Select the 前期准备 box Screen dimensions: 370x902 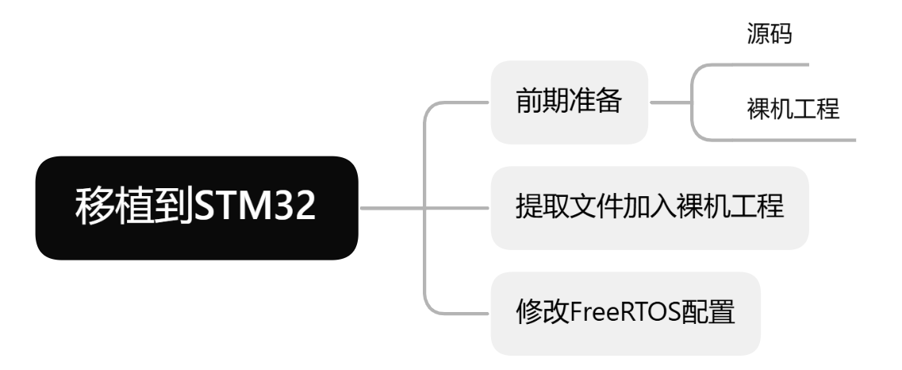click(569, 102)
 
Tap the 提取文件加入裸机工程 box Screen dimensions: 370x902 click(649, 208)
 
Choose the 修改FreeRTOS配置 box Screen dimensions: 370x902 click(625, 313)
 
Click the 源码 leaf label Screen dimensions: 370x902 click(769, 35)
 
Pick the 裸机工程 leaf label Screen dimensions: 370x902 click(793, 109)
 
